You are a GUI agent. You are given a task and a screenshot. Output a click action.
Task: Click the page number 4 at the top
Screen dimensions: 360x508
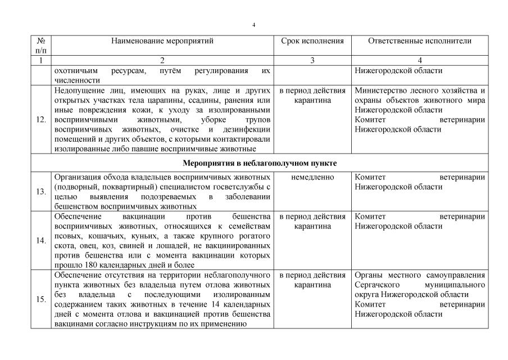(254, 26)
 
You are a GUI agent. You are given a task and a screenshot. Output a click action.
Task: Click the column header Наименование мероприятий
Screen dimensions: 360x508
(162, 41)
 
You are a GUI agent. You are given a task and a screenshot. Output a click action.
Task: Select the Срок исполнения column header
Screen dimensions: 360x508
(312, 41)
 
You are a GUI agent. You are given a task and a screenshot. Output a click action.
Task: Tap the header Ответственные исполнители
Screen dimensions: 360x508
(420, 41)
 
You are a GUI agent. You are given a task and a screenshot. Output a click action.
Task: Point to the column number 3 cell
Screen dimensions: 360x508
(312, 60)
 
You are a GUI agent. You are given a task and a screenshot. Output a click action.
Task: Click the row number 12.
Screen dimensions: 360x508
(41, 119)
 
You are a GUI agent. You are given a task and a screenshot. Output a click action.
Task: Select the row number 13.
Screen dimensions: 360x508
(41, 191)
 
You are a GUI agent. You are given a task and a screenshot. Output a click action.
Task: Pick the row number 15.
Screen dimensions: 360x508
(41, 299)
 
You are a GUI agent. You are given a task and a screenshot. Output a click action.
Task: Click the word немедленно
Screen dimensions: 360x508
(312, 177)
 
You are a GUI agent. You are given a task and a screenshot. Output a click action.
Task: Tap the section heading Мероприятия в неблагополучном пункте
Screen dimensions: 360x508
(260, 163)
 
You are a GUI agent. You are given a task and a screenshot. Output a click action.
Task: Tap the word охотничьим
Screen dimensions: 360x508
(75, 71)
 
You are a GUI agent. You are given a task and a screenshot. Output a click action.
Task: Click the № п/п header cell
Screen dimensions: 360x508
(41, 46)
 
